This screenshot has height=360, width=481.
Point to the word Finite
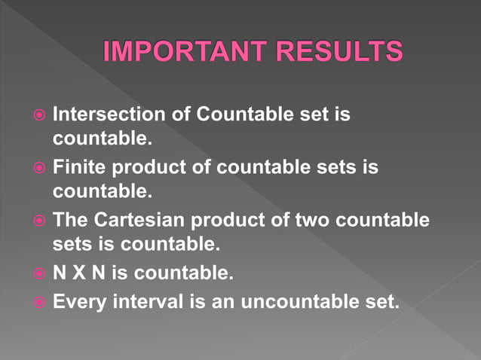click(79, 167)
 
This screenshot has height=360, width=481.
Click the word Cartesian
click(152, 220)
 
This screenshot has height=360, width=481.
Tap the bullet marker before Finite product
click(40, 169)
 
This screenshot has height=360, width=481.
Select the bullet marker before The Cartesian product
click(40, 221)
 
